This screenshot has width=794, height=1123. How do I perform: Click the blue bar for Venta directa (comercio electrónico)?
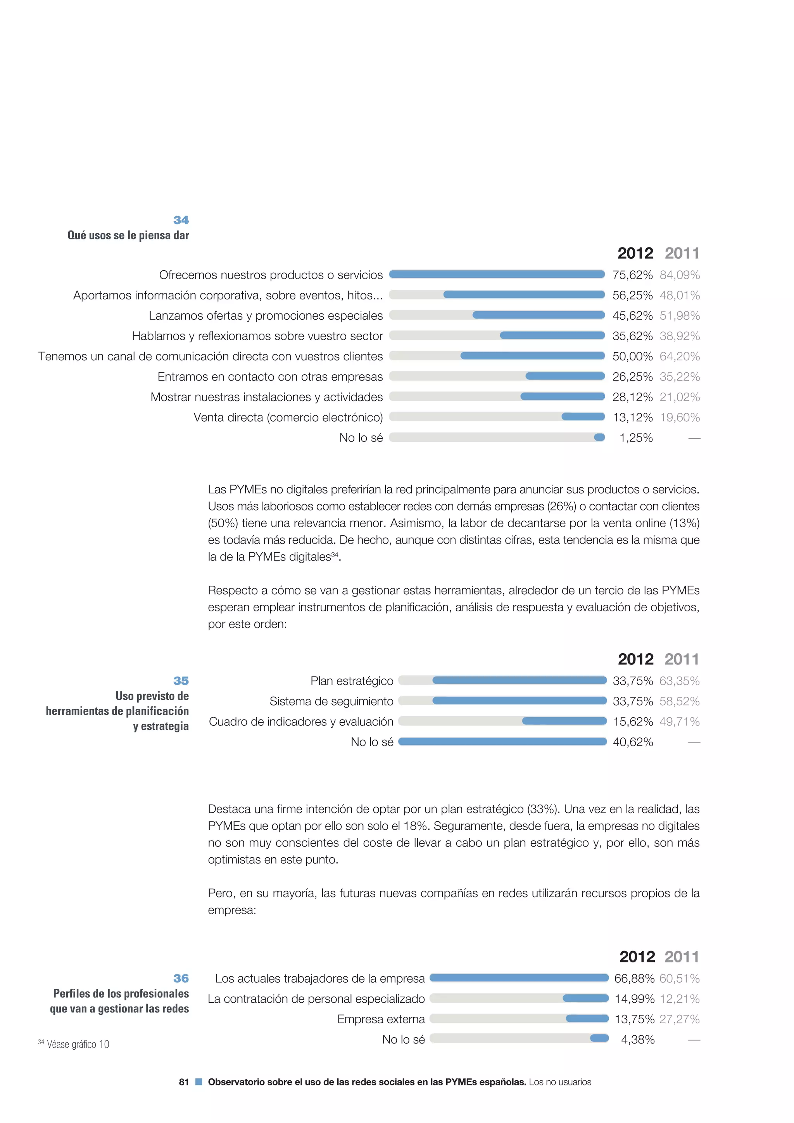point(583,417)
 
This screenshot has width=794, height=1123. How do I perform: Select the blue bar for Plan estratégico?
point(519,680)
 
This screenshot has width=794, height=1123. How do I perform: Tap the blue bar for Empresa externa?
point(587,1018)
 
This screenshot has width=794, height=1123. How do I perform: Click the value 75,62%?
point(632,275)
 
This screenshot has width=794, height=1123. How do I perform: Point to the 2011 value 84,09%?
point(680,275)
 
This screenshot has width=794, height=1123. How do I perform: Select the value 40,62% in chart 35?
point(633,742)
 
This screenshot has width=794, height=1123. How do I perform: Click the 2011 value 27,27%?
point(679,1019)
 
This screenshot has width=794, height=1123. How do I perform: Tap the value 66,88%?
point(634,979)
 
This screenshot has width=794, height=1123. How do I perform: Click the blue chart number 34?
point(181,220)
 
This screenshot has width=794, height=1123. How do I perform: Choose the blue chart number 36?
point(181,978)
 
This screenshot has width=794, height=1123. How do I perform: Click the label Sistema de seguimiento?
point(331,701)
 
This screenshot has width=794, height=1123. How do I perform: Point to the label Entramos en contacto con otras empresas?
point(270,377)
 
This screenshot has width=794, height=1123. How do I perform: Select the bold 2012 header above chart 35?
point(635,659)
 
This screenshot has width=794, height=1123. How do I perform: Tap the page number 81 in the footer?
point(184,1082)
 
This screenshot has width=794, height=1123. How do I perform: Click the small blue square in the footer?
point(198,1082)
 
